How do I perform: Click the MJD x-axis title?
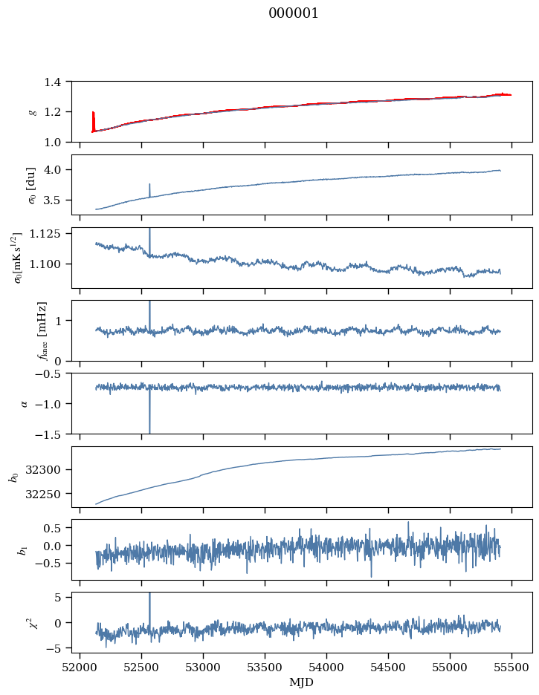[x=302, y=682]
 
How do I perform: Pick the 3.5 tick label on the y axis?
[x=57, y=200]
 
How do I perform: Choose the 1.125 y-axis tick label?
[x=50, y=234]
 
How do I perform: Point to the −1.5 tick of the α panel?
[x=52, y=434]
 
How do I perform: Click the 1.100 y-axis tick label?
[x=50, y=264]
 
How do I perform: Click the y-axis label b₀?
[x=13, y=477]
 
